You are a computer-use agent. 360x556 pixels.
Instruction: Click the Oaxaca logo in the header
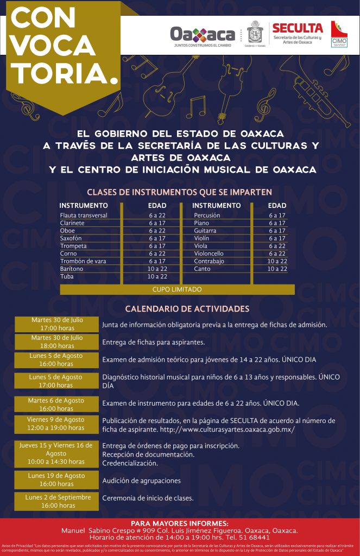tap(203, 36)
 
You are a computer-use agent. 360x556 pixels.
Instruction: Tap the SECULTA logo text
tap(297, 28)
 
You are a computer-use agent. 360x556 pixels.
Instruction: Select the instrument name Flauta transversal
tap(84, 216)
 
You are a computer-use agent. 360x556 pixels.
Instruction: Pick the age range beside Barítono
tap(157, 269)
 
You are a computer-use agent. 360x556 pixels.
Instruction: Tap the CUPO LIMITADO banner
tap(177, 289)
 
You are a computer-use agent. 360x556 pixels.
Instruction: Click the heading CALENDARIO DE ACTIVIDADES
tap(187, 308)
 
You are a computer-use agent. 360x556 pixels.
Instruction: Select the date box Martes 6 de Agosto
tap(56, 404)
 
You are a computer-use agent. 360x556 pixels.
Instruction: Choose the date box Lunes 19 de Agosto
tap(56, 480)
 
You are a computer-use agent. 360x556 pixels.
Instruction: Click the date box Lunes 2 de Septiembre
tap(56, 501)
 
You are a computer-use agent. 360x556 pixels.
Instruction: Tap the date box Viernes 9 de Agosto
tap(56, 424)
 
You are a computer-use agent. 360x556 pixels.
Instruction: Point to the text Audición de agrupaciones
tap(141, 481)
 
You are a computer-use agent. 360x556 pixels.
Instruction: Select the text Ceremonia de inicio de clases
tap(148, 498)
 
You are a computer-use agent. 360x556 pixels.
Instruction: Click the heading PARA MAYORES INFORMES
tap(180, 522)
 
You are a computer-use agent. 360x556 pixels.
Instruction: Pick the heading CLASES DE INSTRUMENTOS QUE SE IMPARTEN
tap(179, 192)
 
